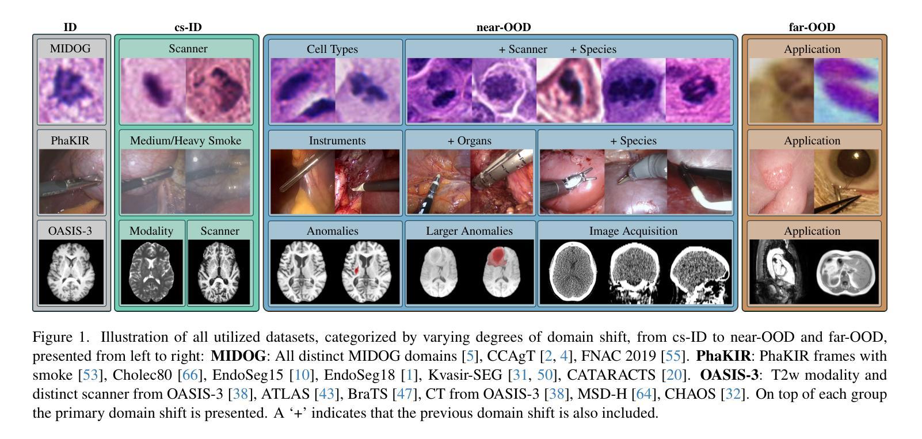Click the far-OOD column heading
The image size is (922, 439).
click(x=811, y=27)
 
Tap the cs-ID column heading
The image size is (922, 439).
click(x=188, y=27)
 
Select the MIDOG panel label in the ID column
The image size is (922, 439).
click(x=70, y=48)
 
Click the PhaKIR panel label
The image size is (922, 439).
click(x=70, y=140)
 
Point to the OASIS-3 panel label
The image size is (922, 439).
click(x=70, y=231)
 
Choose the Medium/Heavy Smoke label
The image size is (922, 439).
click(x=185, y=140)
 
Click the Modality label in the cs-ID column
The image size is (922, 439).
click(x=151, y=231)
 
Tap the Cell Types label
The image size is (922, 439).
click(x=332, y=49)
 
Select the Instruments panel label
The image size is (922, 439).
click(x=337, y=140)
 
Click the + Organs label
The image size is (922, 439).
click(x=470, y=140)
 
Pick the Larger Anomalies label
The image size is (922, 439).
click(x=469, y=231)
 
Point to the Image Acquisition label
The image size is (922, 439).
click(x=633, y=231)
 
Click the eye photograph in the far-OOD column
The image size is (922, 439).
click(x=846, y=181)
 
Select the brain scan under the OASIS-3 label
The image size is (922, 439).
click(x=71, y=271)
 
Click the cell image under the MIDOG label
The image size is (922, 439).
click(x=71, y=90)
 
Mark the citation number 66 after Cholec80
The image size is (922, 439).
click(x=190, y=375)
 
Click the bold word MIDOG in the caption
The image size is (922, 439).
click(x=238, y=356)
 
